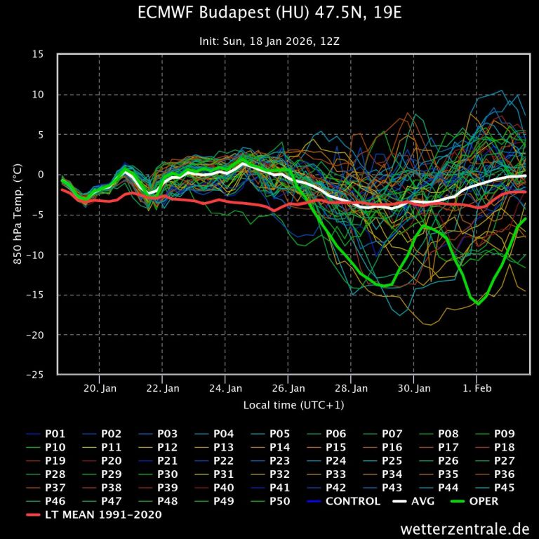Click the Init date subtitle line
[x=269, y=41]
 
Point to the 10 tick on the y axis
[x=38, y=95]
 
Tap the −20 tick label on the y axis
[x=35, y=335]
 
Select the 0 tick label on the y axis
[x=41, y=175]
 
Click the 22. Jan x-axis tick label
[x=162, y=387]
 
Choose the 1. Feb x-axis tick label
[x=477, y=387]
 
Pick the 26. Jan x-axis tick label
[x=288, y=387]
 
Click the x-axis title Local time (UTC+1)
[x=293, y=405]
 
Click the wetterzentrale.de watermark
[x=465, y=528]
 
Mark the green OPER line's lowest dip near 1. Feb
[x=478, y=303]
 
